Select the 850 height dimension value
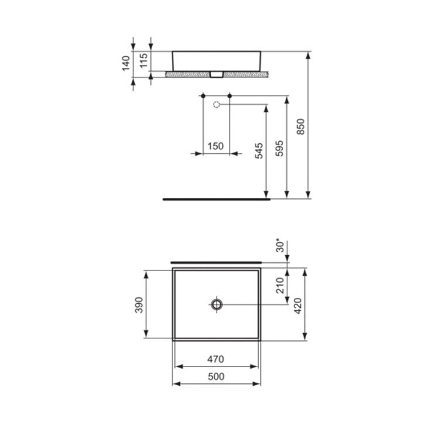click(300, 127)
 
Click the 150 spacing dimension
click(215, 146)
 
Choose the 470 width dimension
click(216, 359)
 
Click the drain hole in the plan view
click(217, 304)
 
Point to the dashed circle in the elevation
click(217, 105)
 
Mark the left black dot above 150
click(203, 95)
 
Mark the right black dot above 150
click(229, 95)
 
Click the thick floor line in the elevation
click(217, 199)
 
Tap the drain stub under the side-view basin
click(217, 74)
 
